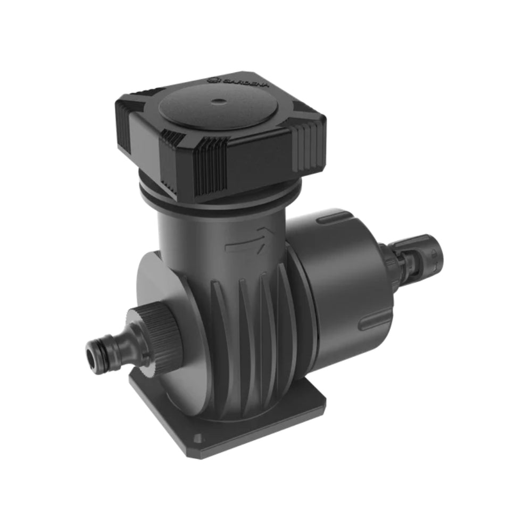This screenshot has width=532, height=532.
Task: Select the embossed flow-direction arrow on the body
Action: point(246,243)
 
